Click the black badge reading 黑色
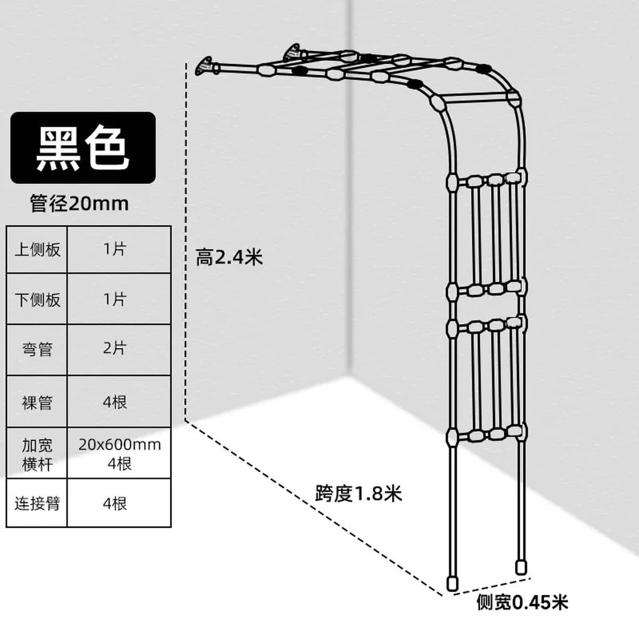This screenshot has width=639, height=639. [83, 148]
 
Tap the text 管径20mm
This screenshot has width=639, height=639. [79, 203]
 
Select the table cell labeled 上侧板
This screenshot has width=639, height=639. [37, 250]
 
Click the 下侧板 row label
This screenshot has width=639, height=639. [37, 299]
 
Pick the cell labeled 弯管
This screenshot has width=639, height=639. [37, 350]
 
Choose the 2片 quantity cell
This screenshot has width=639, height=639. [119, 350]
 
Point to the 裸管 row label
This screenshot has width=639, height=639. [37, 402]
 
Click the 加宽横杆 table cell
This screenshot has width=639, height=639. [37, 453]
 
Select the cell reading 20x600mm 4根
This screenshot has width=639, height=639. [119, 453]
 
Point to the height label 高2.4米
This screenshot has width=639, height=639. [229, 257]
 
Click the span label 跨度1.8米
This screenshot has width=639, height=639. [358, 494]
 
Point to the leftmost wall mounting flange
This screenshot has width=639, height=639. [204, 67]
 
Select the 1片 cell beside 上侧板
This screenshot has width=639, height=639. [119, 250]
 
